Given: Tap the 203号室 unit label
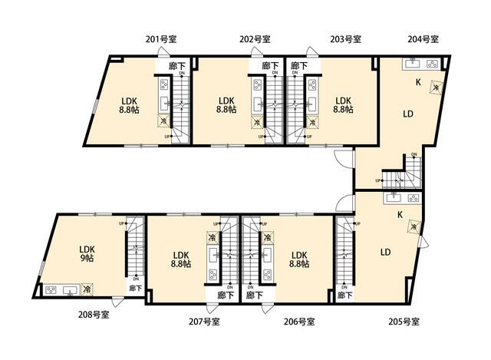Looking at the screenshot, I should tap(346, 38).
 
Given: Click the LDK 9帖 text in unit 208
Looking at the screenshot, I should tap(86, 254).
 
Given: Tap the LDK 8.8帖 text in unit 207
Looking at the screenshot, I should tap(181, 259).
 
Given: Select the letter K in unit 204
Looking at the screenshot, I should tap(418, 82).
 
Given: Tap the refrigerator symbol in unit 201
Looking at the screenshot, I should tap(163, 121).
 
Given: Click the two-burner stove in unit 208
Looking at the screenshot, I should tap(53, 290).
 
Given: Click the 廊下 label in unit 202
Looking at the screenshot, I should tap(270, 67).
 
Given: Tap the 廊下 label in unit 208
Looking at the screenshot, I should tap(135, 289).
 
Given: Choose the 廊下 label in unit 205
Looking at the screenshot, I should tap(344, 295).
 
